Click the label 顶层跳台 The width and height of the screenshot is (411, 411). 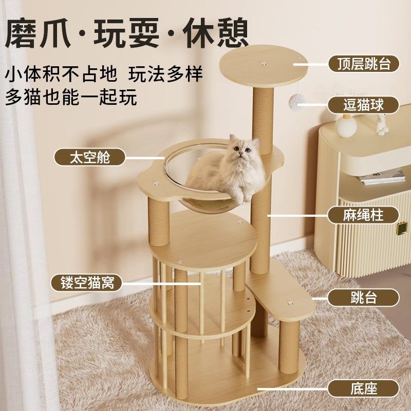click(x=364, y=64)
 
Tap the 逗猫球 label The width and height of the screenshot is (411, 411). click(x=364, y=105)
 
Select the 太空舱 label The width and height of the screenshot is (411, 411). click(x=90, y=157)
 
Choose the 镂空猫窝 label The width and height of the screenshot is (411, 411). click(x=86, y=283)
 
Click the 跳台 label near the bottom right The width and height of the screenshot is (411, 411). click(x=364, y=298)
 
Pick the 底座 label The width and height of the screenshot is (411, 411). click(x=364, y=388)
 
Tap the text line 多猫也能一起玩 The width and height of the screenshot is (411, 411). click(x=71, y=96)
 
